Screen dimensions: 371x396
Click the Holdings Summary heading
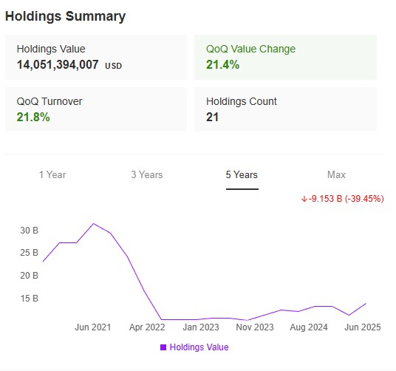[x=65, y=16]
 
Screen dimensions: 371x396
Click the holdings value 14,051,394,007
[x=58, y=65]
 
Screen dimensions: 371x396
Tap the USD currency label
[x=114, y=67]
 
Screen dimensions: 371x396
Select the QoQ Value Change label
[x=250, y=49]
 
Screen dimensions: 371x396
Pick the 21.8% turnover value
[x=33, y=118]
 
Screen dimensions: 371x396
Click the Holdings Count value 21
[x=214, y=118]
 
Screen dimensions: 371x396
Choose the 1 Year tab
[x=52, y=175]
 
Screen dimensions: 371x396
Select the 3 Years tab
[x=147, y=175]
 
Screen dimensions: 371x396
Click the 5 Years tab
[x=242, y=175]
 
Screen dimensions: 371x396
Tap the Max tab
[x=336, y=175]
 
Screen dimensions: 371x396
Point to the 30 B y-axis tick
[x=29, y=231]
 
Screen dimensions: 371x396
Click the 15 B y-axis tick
[x=29, y=299]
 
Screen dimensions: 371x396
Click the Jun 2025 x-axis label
[x=363, y=327]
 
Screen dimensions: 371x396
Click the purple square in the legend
[x=163, y=347]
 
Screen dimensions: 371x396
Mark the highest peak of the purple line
[x=93, y=223]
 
